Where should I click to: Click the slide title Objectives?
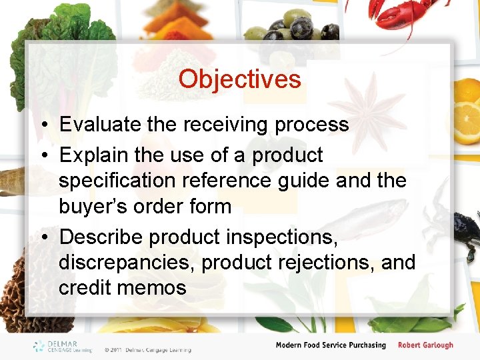239,79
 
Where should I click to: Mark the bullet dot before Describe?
42,237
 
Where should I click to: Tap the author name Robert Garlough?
425,345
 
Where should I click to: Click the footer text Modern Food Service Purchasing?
331,345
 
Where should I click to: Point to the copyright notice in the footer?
147,349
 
